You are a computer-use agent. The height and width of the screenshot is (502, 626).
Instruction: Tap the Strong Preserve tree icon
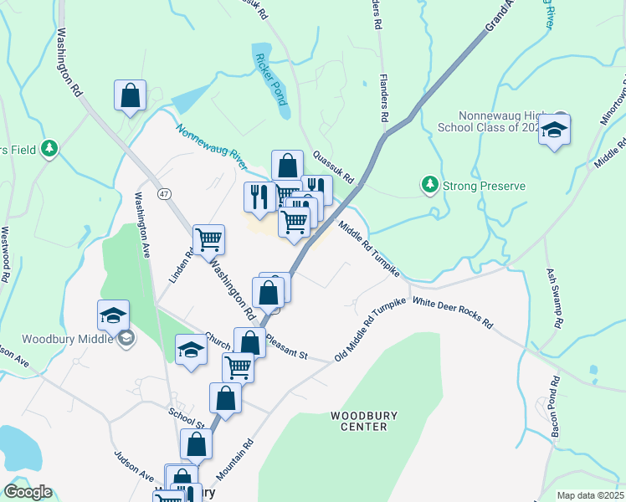point(429,183)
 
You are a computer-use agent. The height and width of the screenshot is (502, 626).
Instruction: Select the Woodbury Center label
point(359,421)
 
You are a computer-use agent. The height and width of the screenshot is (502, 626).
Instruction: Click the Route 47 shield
point(164,193)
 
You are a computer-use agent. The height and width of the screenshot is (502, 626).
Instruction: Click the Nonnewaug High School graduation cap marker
point(554,131)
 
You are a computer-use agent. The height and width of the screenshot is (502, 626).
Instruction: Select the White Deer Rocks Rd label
point(453,313)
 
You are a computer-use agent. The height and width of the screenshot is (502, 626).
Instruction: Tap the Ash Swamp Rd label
point(554,298)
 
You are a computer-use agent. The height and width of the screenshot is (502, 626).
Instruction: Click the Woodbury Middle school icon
point(126,338)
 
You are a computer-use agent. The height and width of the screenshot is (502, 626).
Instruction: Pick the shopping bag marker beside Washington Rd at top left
point(131,96)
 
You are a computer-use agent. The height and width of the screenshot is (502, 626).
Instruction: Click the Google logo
point(28,492)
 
